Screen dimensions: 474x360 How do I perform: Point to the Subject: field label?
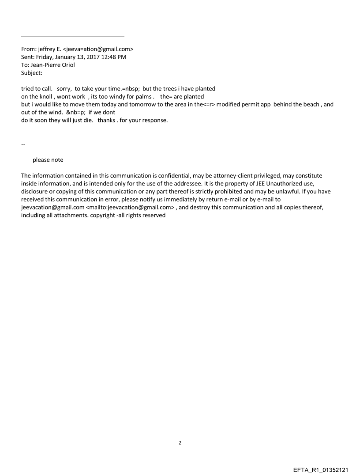[x=31, y=73]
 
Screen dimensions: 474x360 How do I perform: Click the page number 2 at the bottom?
[x=180, y=443]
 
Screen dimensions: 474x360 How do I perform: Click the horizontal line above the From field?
[x=73, y=36]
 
